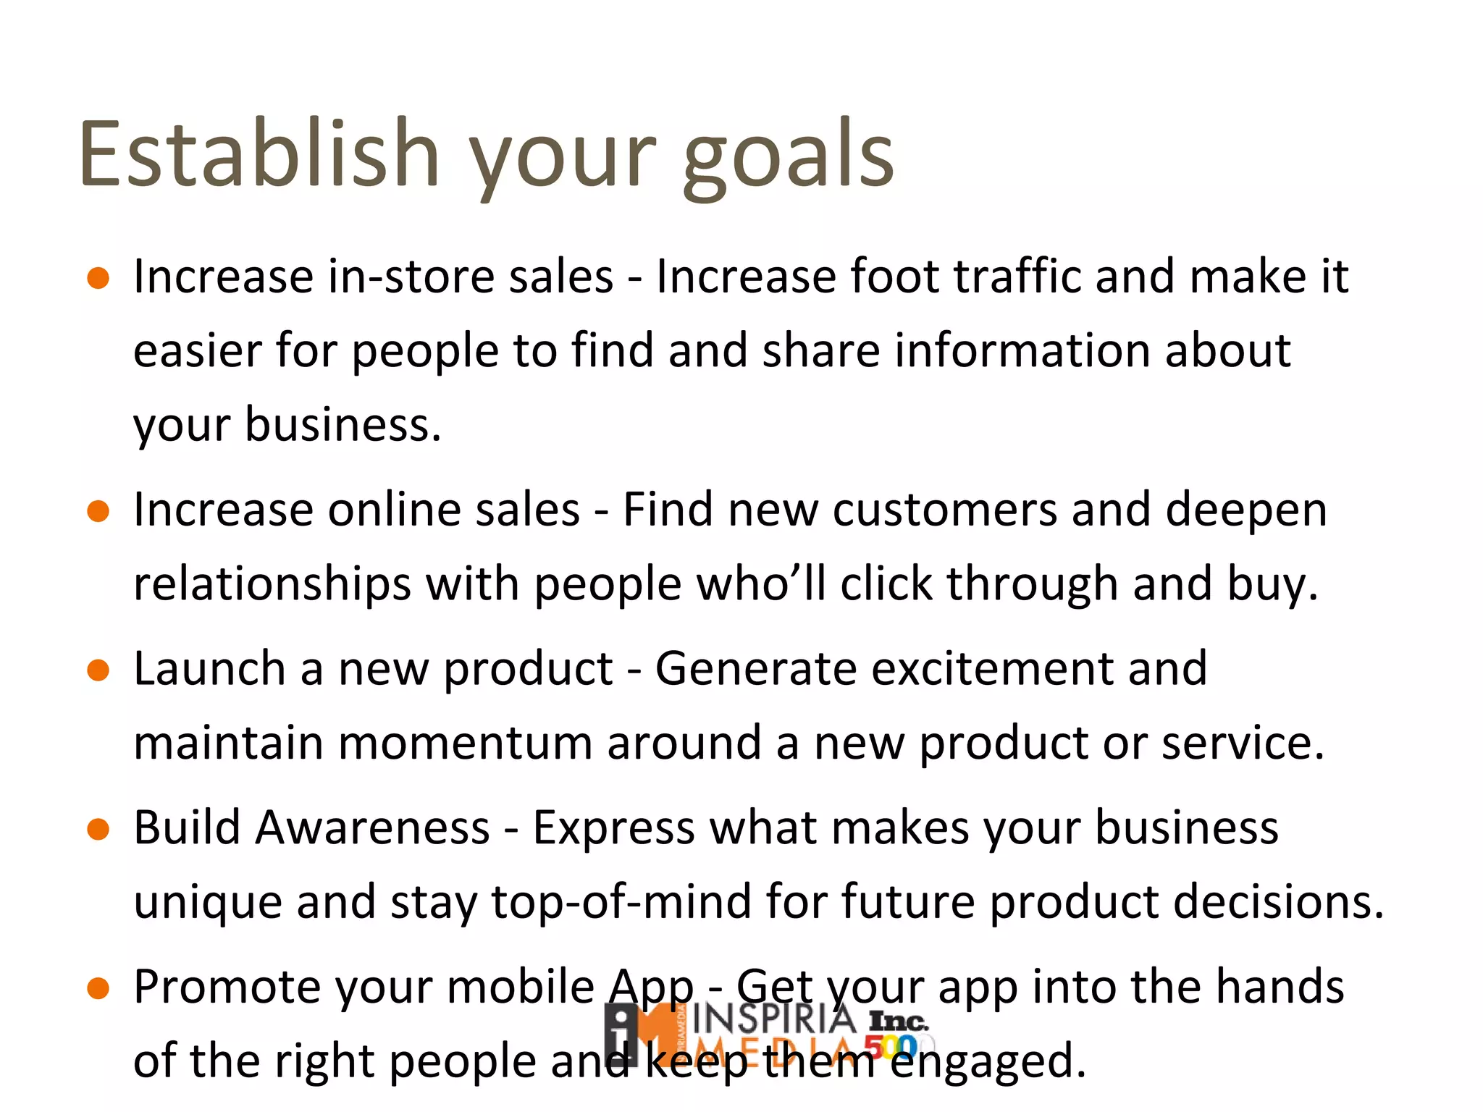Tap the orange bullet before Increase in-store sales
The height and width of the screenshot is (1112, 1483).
(98, 278)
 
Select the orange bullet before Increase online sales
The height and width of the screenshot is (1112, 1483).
(98, 511)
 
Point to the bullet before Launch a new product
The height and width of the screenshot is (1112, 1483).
(98, 670)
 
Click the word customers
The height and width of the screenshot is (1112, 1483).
(945, 510)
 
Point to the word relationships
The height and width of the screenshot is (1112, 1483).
(272, 585)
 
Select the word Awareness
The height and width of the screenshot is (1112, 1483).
(373, 827)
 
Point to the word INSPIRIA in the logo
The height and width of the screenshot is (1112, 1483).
(773, 1019)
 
